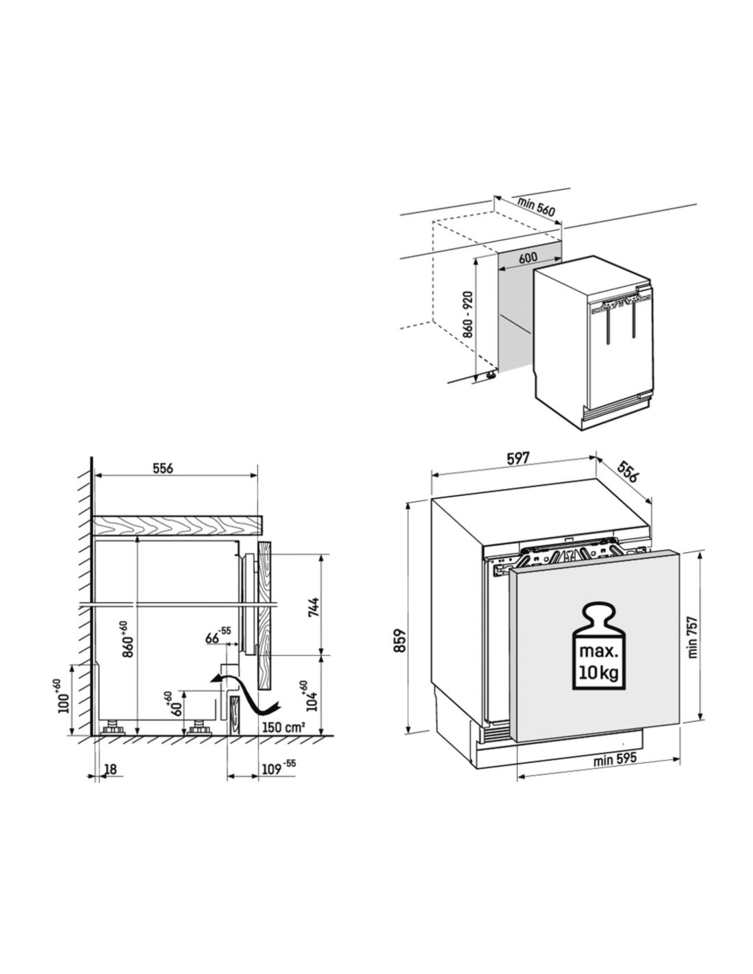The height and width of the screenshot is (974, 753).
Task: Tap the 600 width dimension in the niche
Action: pos(528,258)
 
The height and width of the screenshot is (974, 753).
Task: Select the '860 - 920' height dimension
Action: pos(468,314)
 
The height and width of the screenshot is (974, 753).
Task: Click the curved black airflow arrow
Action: pos(244,692)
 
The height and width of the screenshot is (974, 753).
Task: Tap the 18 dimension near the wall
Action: pos(110,769)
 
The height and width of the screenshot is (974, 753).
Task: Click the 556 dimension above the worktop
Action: pos(163,469)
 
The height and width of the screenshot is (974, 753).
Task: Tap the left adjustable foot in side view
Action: pos(113,728)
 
